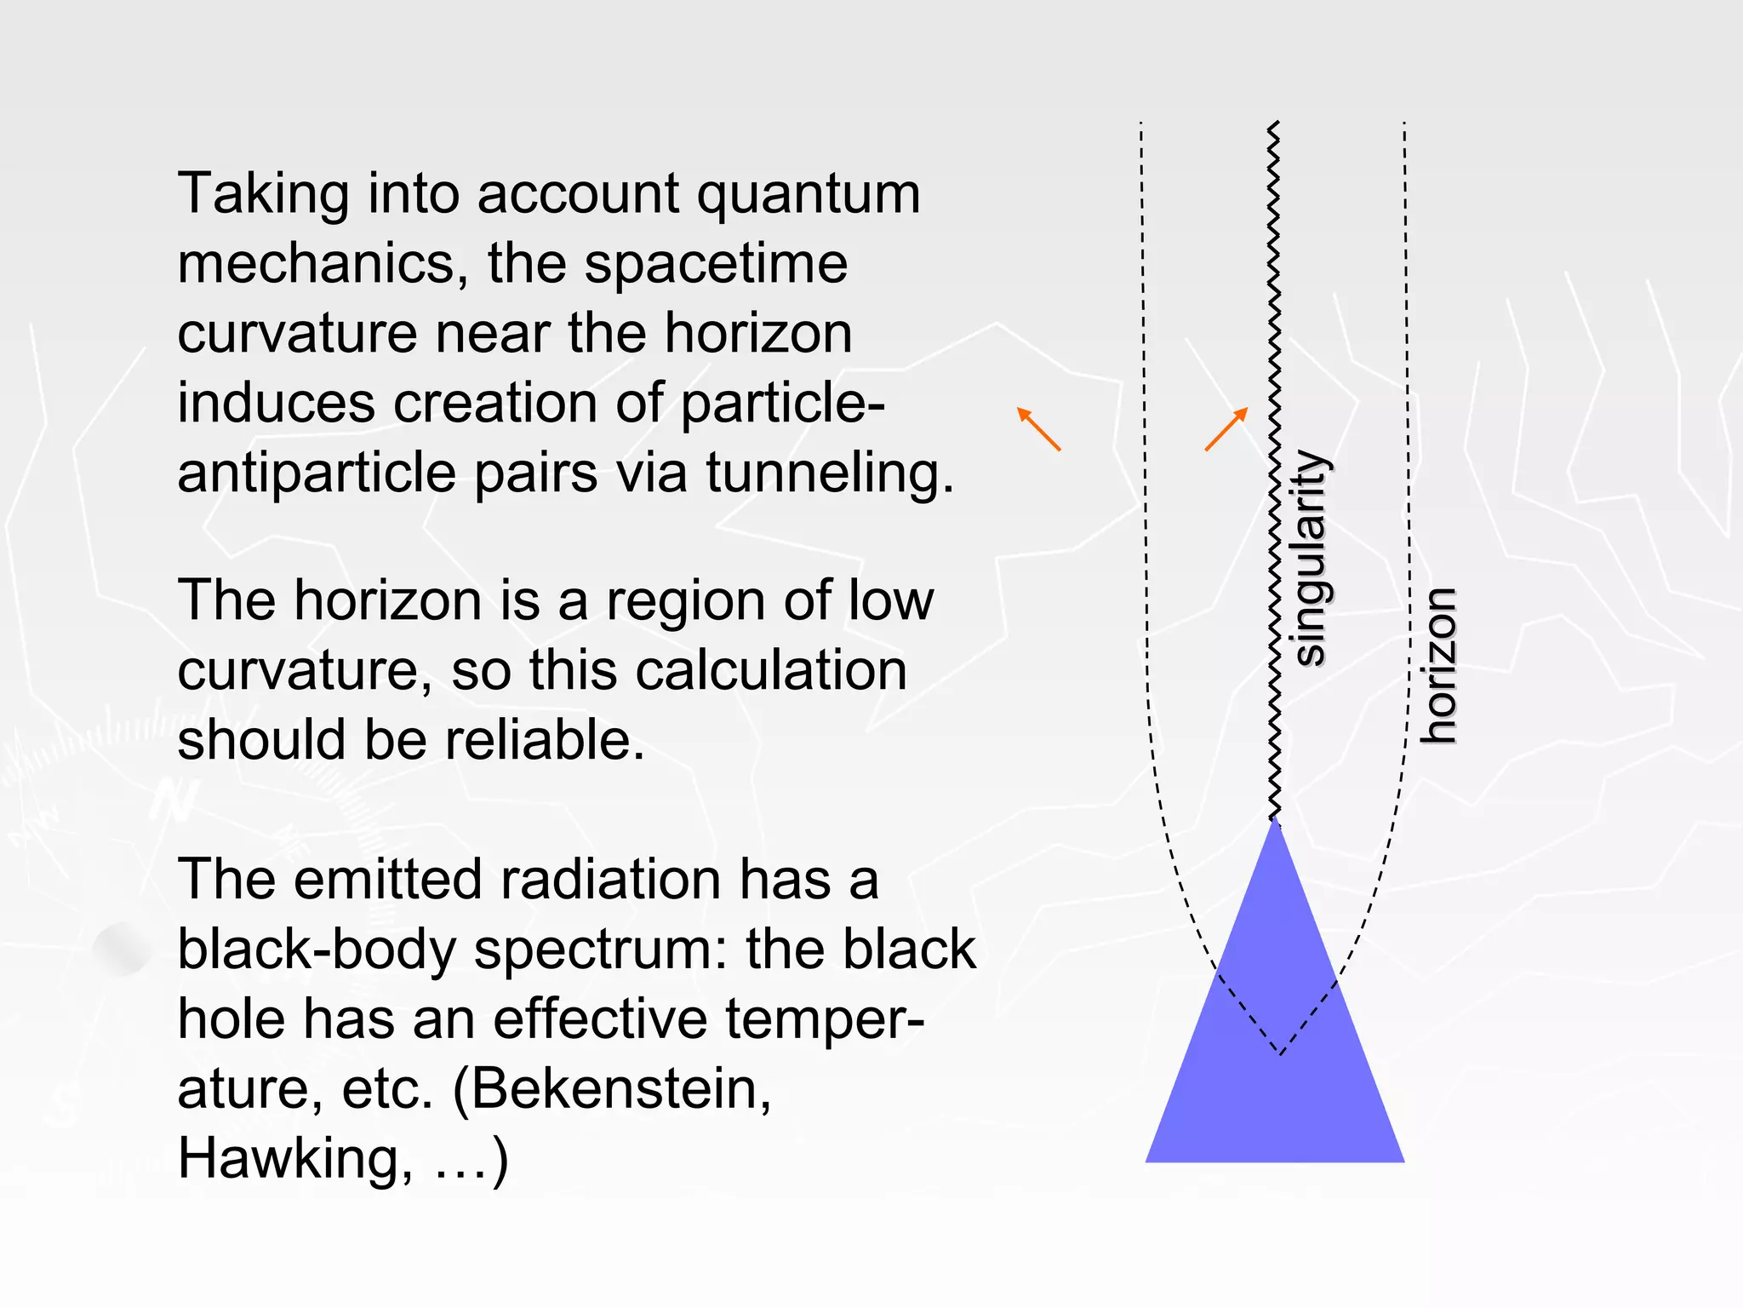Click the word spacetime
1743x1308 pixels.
tap(716, 263)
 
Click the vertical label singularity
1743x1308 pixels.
tap(1310, 557)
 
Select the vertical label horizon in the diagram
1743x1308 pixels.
tap(1440, 665)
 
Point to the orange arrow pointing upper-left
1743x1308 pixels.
tap(1039, 429)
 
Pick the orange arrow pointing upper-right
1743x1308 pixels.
tap(1226, 429)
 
